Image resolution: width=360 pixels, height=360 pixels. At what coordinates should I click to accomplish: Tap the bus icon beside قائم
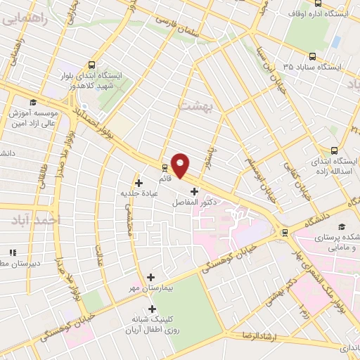[164, 167]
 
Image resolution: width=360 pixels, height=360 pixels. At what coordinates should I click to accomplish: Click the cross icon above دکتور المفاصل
[194, 191]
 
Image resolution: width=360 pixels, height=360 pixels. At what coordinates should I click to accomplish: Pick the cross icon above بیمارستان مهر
[151, 277]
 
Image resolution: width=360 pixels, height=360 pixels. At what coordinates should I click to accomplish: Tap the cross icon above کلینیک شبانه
[152, 309]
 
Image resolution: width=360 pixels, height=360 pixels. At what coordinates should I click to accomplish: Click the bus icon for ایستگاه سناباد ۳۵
[312, 56]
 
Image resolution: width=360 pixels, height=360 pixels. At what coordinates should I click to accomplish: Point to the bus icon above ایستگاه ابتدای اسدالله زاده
[335, 150]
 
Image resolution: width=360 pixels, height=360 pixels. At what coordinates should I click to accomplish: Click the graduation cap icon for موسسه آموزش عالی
[13, 110]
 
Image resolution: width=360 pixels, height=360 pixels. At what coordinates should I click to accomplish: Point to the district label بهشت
[195, 106]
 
